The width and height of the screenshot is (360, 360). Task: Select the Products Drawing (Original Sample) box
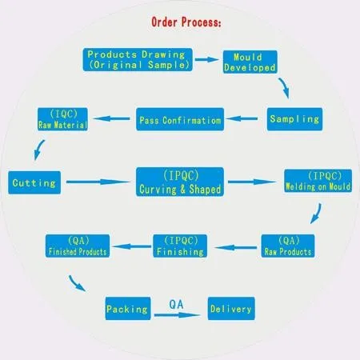(x=139, y=58)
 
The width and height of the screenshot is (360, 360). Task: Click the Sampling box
(x=294, y=119)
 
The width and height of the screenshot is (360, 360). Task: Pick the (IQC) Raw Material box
(x=63, y=118)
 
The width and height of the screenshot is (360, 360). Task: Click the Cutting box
(x=34, y=183)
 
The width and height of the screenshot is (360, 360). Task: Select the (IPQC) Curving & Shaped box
(x=179, y=182)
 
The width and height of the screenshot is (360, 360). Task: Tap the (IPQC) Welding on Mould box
(x=316, y=181)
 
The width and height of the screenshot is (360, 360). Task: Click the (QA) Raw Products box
(x=290, y=244)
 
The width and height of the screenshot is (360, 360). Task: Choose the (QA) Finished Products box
(x=77, y=246)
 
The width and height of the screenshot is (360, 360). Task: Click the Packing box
(x=127, y=308)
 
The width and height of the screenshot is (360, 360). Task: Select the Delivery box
(x=230, y=308)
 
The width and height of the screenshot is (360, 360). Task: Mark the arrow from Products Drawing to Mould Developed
(x=209, y=59)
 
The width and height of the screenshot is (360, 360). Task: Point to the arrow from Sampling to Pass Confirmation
(x=245, y=121)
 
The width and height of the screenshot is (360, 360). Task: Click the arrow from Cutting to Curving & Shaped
(x=99, y=183)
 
